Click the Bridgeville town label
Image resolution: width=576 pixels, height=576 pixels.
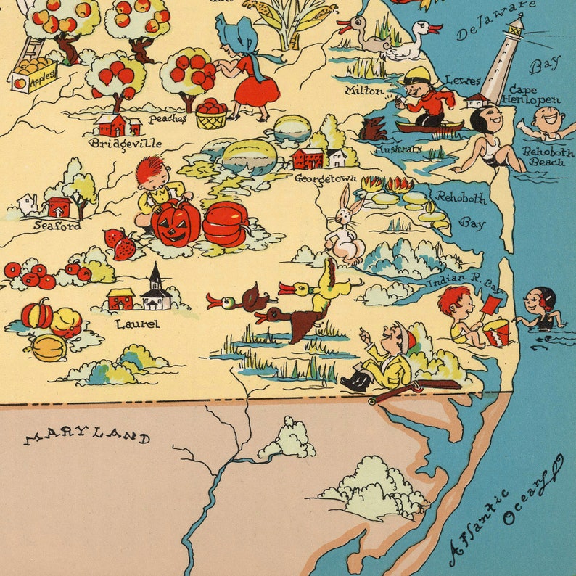pos(117,143)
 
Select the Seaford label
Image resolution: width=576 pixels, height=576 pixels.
pos(57,226)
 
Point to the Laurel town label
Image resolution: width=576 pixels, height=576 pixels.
pos(137,324)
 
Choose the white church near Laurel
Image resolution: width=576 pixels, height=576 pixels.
pos(156,289)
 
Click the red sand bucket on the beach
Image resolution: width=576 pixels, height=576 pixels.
pos(496,332)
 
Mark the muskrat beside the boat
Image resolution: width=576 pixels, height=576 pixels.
pos(372,130)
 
